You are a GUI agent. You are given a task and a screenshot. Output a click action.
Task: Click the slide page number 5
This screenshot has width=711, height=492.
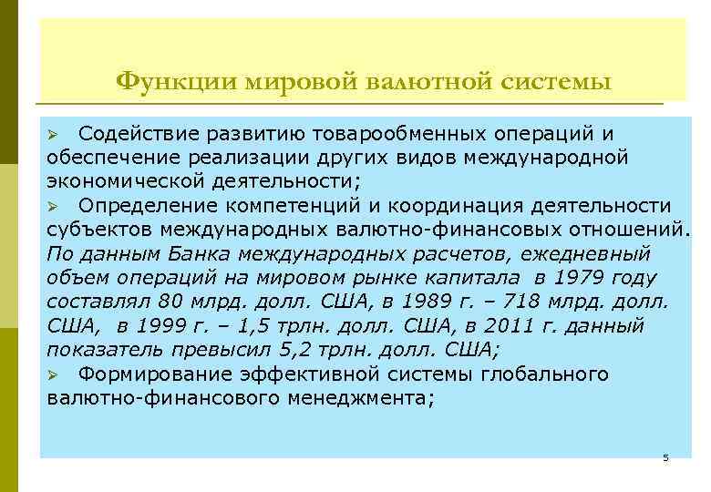point(666,458)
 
